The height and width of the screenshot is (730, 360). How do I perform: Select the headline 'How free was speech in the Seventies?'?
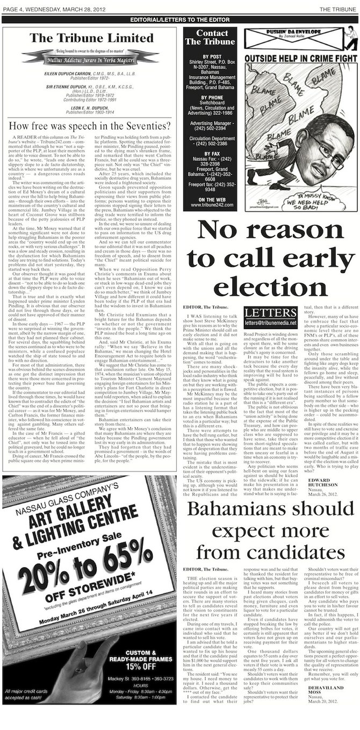(x=90, y=126)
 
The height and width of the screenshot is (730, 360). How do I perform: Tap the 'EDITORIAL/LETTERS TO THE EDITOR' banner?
(x=179, y=20)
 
